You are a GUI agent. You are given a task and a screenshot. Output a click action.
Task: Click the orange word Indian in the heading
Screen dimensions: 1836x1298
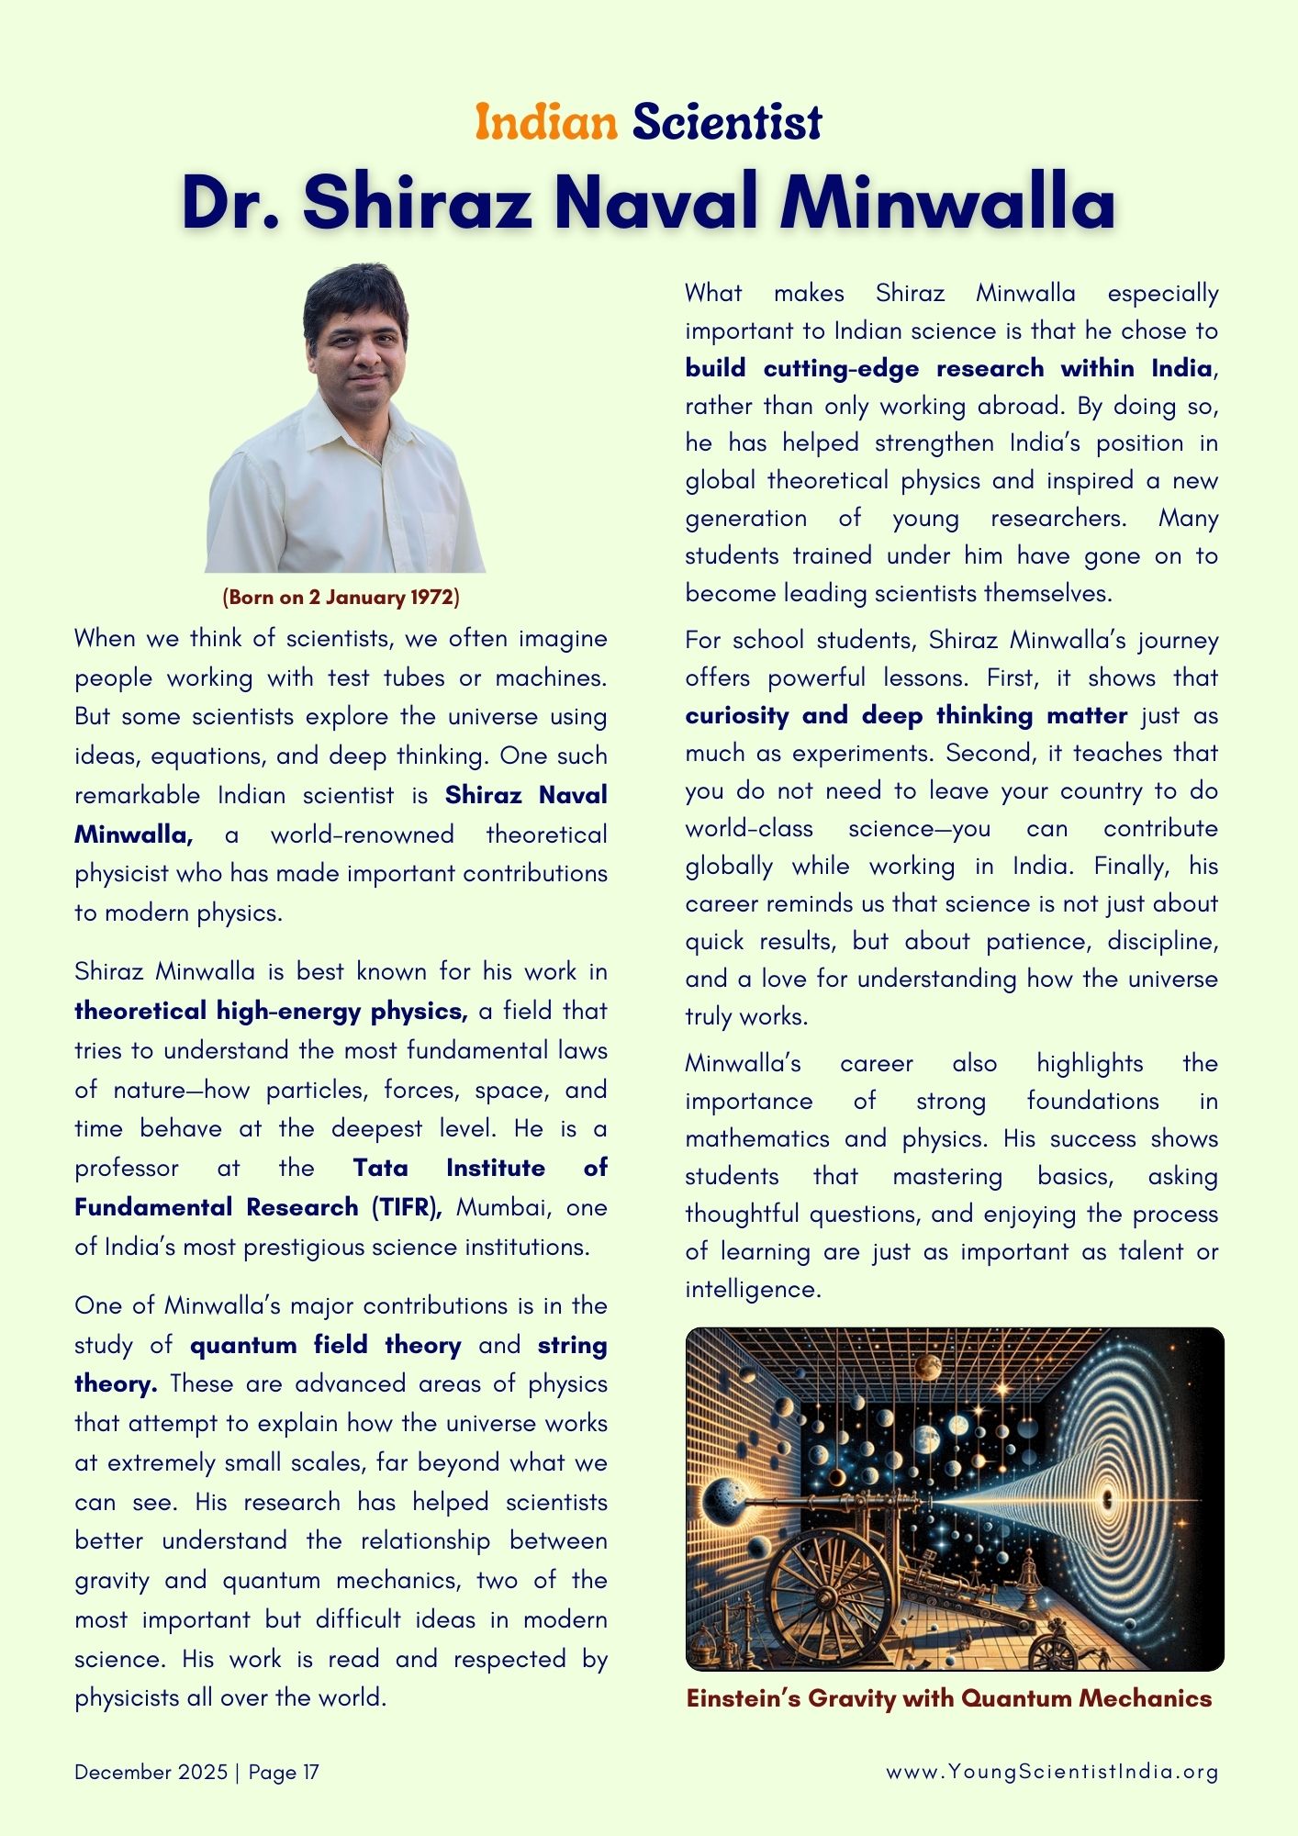545,122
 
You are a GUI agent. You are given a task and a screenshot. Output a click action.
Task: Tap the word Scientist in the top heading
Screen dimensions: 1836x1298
726,122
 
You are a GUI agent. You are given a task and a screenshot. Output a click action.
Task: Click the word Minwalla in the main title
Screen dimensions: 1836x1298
947,202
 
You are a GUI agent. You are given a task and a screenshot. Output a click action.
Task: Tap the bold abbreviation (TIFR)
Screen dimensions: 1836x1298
406,1207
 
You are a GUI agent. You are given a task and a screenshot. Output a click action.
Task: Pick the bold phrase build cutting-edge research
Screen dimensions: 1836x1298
864,369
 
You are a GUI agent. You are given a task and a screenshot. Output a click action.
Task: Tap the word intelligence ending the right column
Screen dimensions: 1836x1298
751,1290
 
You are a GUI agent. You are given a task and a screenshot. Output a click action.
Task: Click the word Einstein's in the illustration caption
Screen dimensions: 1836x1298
744,1699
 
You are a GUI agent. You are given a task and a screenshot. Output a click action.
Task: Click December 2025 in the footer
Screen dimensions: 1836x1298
151,1773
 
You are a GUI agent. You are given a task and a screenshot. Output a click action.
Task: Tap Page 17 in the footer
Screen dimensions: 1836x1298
284,1773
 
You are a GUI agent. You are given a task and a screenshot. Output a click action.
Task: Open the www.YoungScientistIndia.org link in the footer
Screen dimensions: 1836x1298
1052,1773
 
